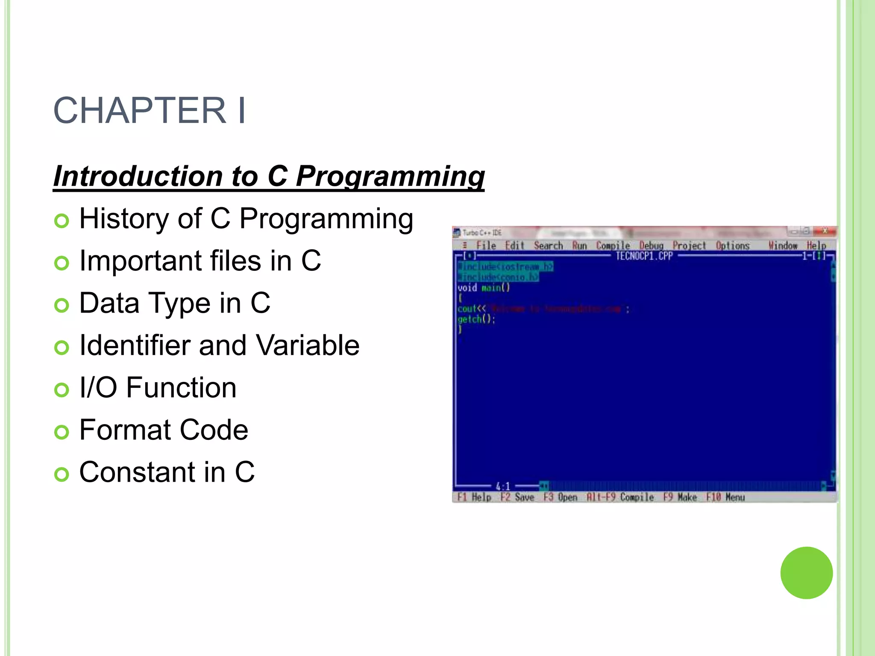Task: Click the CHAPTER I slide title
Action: pos(149,110)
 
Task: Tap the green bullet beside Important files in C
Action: pos(62,263)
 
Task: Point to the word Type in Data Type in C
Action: pos(179,303)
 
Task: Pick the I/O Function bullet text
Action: pos(158,388)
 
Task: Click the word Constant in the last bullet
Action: pos(138,472)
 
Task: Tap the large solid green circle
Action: pos(806,573)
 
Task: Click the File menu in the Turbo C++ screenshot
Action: pos(486,246)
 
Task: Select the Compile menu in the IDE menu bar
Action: pos(613,246)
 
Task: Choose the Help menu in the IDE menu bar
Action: pos(816,246)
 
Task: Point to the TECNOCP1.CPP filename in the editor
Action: pos(644,256)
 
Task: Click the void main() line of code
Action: pos(483,287)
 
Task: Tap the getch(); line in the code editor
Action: pos(476,319)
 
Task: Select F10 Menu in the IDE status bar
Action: pos(725,497)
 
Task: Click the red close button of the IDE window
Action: pos(825,231)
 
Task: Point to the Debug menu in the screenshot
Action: pos(651,246)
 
